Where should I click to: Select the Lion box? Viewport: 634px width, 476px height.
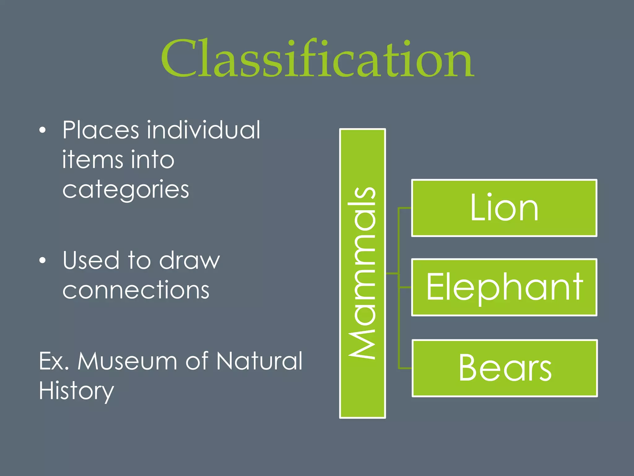pyautogui.click(x=504, y=208)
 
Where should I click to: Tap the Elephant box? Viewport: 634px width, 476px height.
pyautogui.click(x=504, y=287)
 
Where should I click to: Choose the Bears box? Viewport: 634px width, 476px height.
pyautogui.click(x=505, y=368)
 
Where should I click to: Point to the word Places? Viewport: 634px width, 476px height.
pyautogui.click(x=101, y=130)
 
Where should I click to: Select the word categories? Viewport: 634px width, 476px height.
pyautogui.click(x=126, y=190)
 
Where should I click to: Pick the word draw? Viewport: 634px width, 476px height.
pyautogui.click(x=189, y=260)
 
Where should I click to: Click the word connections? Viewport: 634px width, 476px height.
pyautogui.click(x=136, y=290)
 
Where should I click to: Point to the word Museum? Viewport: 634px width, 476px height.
pyautogui.click(x=127, y=361)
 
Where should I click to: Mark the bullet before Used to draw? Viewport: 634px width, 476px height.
pyautogui.click(x=43, y=261)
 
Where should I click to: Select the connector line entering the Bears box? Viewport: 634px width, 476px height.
pyautogui.click(x=405, y=368)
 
